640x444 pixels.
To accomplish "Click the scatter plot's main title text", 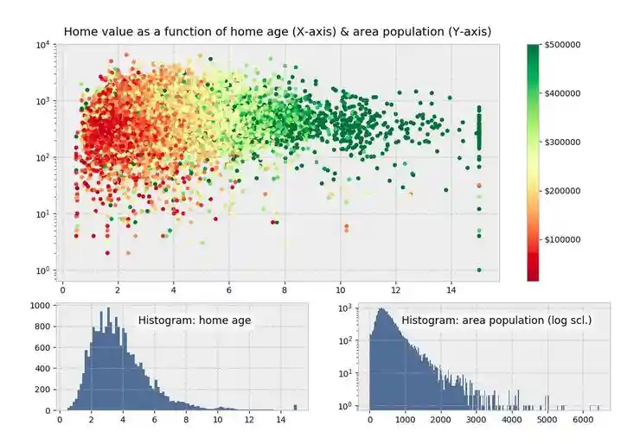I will (x=278, y=32).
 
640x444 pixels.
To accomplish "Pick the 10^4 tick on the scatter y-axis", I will (x=43, y=45).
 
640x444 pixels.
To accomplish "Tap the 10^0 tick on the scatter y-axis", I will (x=43, y=271).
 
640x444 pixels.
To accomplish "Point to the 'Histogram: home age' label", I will (x=194, y=320).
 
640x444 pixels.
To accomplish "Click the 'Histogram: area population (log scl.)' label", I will (x=496, y=320).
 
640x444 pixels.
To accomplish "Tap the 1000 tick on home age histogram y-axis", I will (x=40, y=307).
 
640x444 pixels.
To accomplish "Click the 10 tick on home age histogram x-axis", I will (x=217, y=421).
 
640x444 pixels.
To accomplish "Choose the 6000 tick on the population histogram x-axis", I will (x=583, y=421).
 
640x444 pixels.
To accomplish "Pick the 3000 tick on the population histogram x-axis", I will (x=477, y=421).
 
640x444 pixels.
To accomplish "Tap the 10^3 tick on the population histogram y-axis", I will (x=343, y=308).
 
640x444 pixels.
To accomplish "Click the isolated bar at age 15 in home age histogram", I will (x=295, y=407).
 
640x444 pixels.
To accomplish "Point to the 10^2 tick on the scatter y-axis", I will (x=43, y=158).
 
